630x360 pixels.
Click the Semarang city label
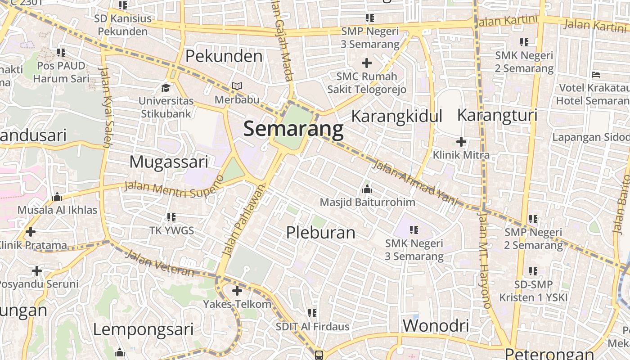point(293,129)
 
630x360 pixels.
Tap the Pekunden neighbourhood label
point(224,56)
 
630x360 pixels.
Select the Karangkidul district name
point(396,116)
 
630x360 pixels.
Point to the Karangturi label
point(497,115)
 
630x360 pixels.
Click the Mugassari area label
point(169,162)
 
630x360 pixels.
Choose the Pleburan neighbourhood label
point(321,233)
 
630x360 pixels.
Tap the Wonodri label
point(436,325)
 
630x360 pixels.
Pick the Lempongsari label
point(143,329)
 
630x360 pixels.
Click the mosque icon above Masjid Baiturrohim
point(367,189)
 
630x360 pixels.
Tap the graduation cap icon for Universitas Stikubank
point(166,87)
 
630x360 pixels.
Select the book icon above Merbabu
point(237,86)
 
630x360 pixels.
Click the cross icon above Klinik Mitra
point(461,142)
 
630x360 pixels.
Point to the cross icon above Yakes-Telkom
point(237,291)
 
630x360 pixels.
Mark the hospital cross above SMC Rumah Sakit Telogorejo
point(367,63)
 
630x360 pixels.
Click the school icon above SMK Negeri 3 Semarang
point(414,230)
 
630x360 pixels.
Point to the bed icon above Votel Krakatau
point(596,74)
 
